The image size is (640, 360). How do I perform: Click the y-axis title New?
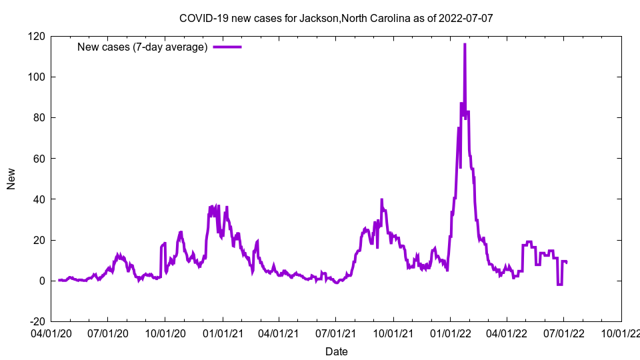tap(11, 179)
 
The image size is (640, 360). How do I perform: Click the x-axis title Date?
tap(336, 351)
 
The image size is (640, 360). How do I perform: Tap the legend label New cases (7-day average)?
tap(143, 47)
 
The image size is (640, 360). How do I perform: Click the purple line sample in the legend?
tap(227, 47)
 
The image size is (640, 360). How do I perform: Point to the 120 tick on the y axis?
tap(37, 36)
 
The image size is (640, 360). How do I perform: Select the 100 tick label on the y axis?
tap(37, 77)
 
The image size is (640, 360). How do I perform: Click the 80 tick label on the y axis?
tap(39, 118)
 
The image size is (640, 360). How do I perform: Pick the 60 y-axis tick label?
tap(39, 159)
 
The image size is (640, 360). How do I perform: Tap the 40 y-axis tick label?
tap(39, 199)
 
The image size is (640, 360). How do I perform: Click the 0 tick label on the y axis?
tap(42, 281)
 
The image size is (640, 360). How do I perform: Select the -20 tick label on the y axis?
tap(37, 321)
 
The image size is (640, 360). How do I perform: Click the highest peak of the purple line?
tap(465, 45)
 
